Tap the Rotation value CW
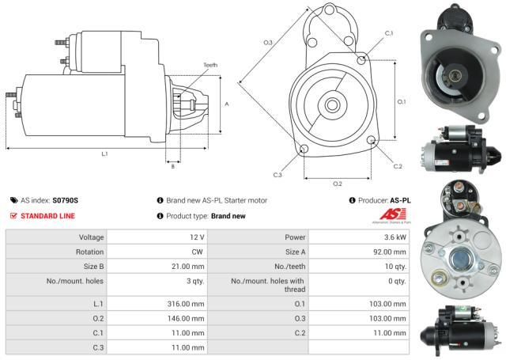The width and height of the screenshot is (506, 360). [197, 252]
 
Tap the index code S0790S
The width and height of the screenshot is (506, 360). [66, 201]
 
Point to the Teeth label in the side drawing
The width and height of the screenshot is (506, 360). [210, 66]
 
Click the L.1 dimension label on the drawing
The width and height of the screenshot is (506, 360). [104, 153]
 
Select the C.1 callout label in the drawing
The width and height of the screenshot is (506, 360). [389, 33]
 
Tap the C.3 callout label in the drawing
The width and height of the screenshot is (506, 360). [278, 174]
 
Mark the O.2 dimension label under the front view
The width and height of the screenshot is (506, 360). [337, 183]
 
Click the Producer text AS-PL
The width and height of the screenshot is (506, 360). [401, 201]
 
